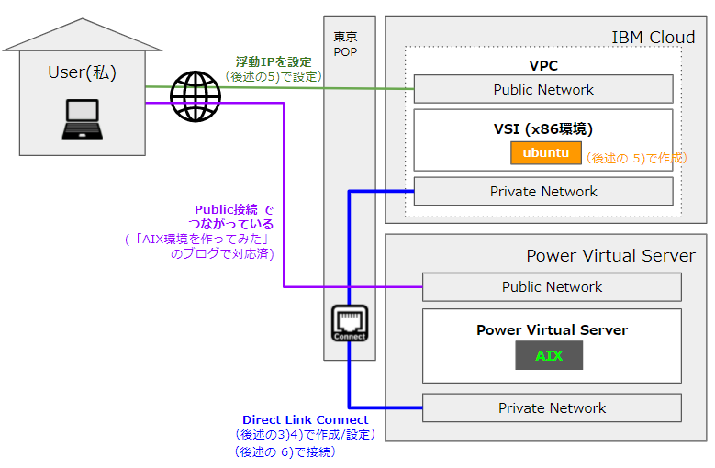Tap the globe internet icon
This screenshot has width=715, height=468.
pos(195,95)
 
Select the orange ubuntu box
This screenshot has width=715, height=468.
pos(546,152)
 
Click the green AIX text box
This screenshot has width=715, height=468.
pos(549,355)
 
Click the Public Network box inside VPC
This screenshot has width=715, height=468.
pos(543,89)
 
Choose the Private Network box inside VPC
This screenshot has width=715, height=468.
pos(543,191)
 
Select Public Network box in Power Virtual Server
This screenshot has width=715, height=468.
pos(552,286)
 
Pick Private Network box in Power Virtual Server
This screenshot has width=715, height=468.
pos(552,407)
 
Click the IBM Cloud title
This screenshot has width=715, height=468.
pos(653,37)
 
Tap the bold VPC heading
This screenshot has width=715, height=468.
pos(543,66)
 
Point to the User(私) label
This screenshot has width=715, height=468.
pos(83,72)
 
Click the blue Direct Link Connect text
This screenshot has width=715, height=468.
pos(305,419)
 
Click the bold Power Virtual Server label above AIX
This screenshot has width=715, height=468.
pos(552,329)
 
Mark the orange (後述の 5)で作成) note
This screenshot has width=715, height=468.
pos(636,158)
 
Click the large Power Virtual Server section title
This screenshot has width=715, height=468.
pos(609,255)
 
